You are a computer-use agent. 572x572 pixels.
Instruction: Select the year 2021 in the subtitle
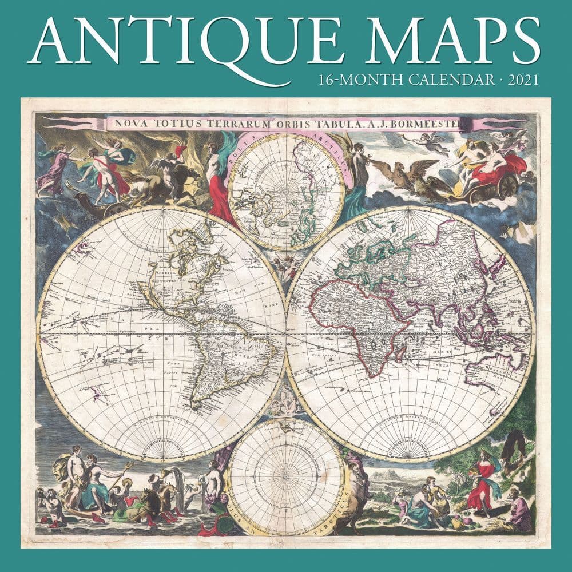pos(521,80)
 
